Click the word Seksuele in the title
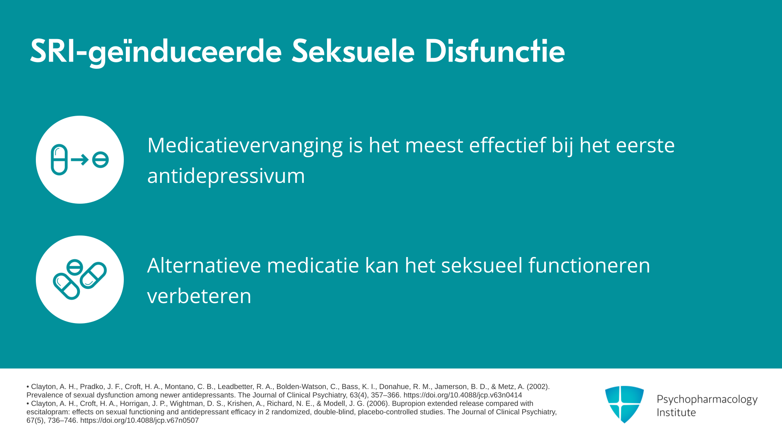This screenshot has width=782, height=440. coord(353,51)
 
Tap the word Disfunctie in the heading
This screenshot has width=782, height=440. coord(494,51)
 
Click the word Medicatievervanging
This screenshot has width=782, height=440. coord(245,146)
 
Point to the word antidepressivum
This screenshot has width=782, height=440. coord(226,176)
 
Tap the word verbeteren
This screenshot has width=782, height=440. coord(199,296)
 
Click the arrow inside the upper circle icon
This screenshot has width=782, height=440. coord(80,160)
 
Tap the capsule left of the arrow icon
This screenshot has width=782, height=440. coord(59,160)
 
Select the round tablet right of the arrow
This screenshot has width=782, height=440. coord(100,160)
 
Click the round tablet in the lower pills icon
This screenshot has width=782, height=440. coord(75,268)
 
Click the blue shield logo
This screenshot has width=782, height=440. coord(624,404)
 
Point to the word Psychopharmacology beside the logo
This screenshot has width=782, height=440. coord(707,400)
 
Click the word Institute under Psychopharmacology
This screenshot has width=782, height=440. coord(676,413)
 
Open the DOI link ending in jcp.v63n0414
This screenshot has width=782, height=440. coord(463,395)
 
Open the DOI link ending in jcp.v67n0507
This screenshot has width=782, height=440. coord(139,420)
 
